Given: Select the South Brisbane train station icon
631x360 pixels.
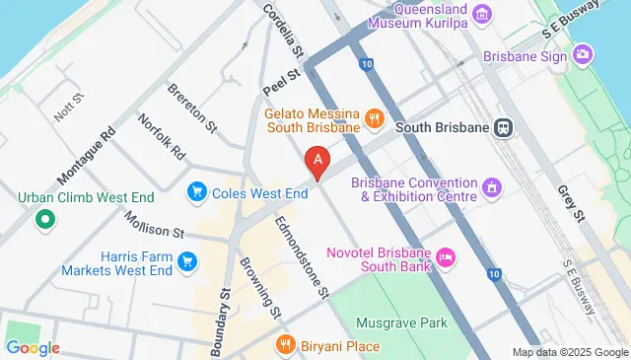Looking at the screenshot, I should pyautogui.click(x=504, y=127).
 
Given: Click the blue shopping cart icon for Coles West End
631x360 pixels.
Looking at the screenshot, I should pyautogui.click(x=197, y=190).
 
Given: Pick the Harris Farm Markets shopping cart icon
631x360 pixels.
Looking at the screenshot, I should pyautogui.click(x=188, y=261).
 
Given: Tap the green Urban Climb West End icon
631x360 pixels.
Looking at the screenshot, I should pyautogui.click(x=43, y=219).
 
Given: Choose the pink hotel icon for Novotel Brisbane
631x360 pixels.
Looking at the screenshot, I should pyautogui.click(x=446, y=257).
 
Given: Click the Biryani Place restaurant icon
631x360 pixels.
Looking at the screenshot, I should pyautogui.click(x=286, y=345).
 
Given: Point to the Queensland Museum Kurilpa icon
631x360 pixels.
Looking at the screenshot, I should pyautogui.click(x=482, y=13).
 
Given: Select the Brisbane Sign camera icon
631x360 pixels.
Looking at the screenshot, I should pyautogui.click(x=583, y=54).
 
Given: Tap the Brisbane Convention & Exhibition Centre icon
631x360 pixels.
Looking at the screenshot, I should pyautogui.click(x=490, y=186).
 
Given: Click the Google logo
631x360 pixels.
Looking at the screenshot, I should pyautogui.click(x=32, y=347).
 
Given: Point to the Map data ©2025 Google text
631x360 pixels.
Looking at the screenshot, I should pyautogui.click(x=570, y=352).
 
